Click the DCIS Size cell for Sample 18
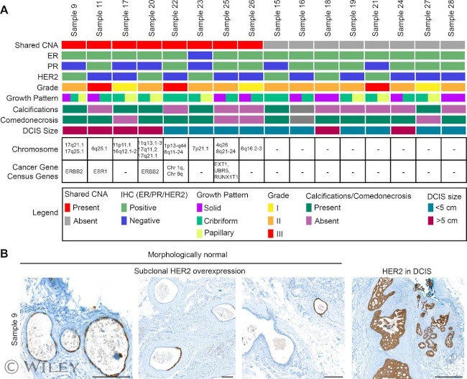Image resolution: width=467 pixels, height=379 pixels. [327, 131]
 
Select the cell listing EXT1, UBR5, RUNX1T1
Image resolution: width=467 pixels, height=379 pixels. [226, 172]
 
